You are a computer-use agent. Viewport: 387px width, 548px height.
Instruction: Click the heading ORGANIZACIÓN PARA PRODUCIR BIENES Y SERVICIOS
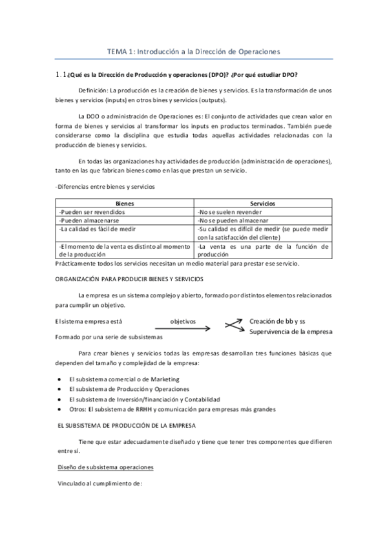pos(129,279)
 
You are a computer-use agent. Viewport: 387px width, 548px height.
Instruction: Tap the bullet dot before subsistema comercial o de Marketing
pos(59,379)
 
